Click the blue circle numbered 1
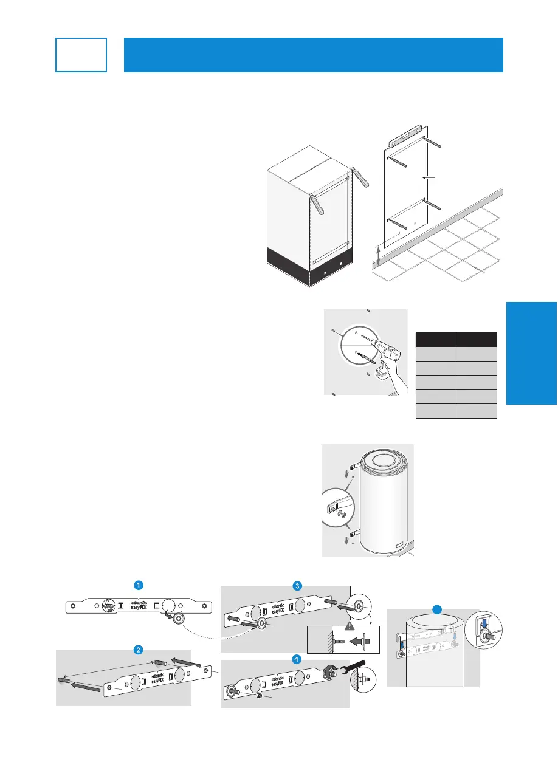pyautogui.click(x=139, y=585)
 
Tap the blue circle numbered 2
pyautogui.click(x=139, y=648)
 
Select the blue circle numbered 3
pyautogui.click(x=297, y=586)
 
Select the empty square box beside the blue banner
pyautogui.click(x=81, y=55)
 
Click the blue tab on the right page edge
pyautogui.click(x=531, y=352)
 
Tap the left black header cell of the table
pyautogui.click(x=435, y=339)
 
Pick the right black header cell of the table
pyautogui.click(x=477, y=339)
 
